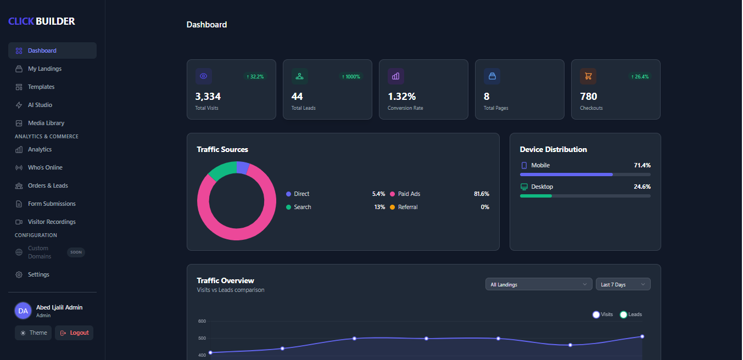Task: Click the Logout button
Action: (x=74, y=333)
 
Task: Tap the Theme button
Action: (x=33, y=333)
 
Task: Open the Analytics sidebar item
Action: (x=40, y=149)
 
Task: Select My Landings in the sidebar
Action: (x=44, y=69)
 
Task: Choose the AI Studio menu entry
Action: (x=40, y=105)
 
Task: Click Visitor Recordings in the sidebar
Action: (x=52, y=222)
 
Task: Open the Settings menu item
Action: (x=38, y=274)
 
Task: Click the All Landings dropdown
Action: (x=538, y=284)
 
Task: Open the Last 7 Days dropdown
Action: (x=623, y=284)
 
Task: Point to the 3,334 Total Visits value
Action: (x=208, y=97)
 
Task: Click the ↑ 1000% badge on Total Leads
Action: (x=350, y=76)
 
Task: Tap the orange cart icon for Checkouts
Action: (x=588, y=76)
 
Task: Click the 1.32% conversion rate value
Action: (x=401, y=97)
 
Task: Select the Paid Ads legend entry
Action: (x=409, y=194)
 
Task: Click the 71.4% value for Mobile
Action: (x=642, y=165)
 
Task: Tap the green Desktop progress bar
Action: (x=536, y=196)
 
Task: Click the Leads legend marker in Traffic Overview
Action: (x=623, y=314)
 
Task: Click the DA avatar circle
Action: (x=23, y=311)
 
